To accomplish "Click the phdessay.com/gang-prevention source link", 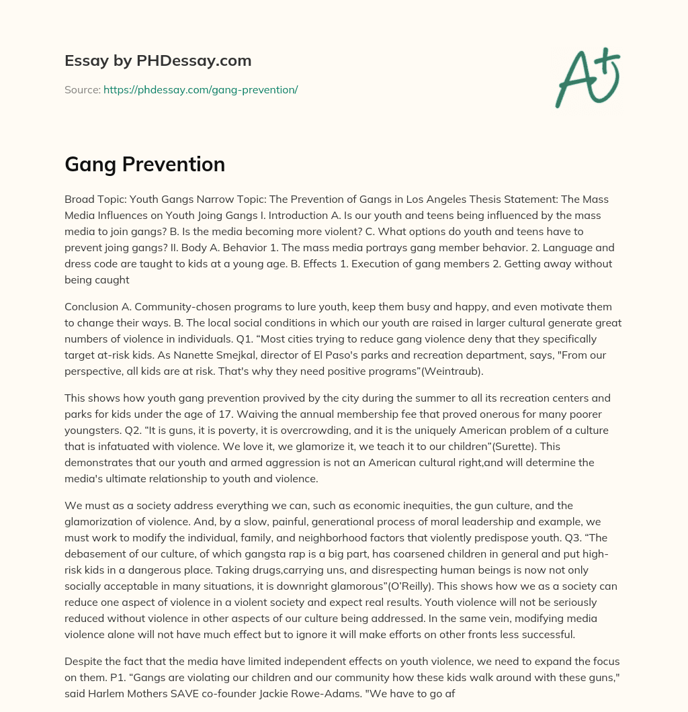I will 200,89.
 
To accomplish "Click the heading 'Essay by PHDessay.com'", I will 158,60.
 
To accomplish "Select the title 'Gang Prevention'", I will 144,164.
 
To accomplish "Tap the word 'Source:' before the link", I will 82,89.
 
